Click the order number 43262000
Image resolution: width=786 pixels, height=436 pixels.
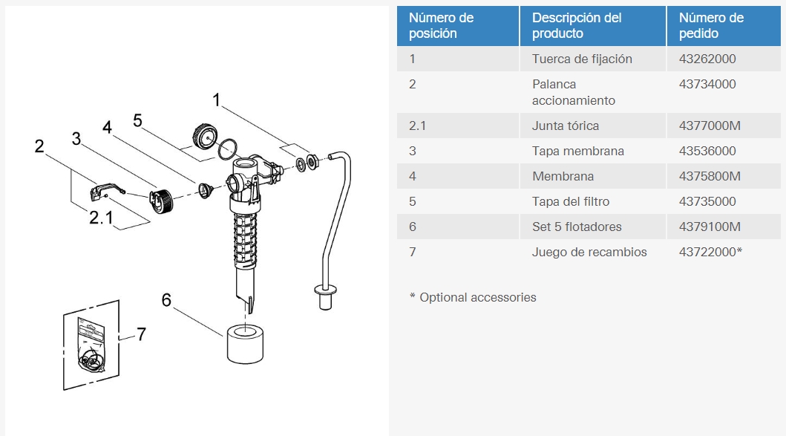[707, 59]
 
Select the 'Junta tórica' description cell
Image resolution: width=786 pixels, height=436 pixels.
[566, 126]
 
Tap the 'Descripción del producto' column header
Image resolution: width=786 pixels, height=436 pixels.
[577, 25]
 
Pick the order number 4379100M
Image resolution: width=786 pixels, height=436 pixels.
[710, 227]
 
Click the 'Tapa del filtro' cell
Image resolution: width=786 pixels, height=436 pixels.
[571, 202]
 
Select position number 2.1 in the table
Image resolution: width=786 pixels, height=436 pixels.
[417, 126]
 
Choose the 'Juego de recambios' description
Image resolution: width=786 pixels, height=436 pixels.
[589, 252]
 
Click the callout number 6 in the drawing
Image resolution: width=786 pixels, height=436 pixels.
[166, 300]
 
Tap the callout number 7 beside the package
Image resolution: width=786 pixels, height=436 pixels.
[141, 334]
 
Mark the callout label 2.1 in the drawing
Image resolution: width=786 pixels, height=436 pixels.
[101, 218]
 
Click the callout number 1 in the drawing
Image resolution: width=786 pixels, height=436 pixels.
[216, 100]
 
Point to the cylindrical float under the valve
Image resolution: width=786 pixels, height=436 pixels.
[245, 344]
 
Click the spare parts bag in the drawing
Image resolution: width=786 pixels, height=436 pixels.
[91, 345]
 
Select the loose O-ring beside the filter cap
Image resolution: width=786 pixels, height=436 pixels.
[227, 149]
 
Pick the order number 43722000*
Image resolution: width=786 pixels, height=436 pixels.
[710, 252]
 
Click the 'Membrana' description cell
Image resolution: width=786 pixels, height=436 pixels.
[563, 176]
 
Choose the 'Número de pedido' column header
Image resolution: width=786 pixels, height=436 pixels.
[711, 25]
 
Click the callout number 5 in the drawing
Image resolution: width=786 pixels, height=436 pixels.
[137, 120]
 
